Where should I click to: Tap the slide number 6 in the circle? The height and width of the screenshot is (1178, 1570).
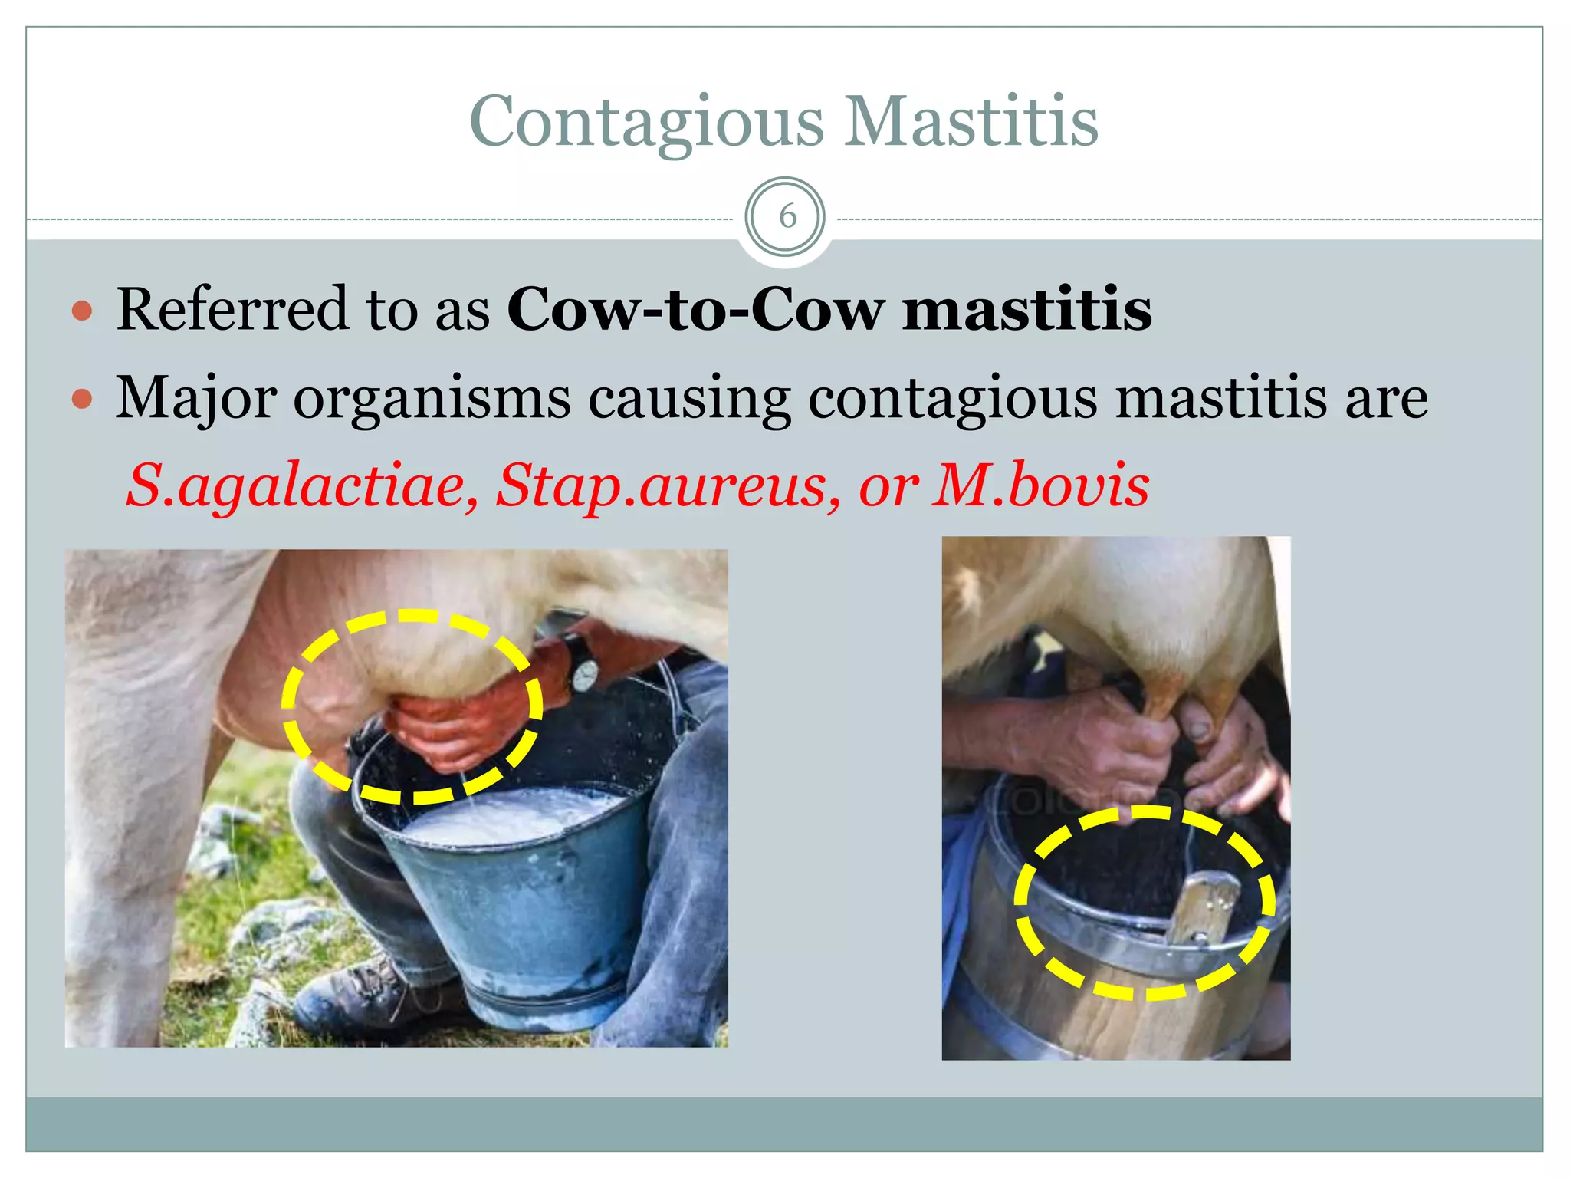tap(787, 217)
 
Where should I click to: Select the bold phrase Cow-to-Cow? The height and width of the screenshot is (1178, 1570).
tap(695, 309)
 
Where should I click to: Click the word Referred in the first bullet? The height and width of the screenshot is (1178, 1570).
tap(232, 309)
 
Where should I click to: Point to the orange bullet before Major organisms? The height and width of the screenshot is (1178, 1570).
tap(82, 399)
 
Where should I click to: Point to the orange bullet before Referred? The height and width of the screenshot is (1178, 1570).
tap(82, 311)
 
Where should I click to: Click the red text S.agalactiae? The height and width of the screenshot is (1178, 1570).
tap(302, 485)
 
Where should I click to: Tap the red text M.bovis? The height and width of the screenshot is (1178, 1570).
tap(1040, 485)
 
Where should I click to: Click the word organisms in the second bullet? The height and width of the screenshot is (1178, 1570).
tap(432, 399)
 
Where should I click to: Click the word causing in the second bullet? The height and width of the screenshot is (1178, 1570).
tap(688, 399)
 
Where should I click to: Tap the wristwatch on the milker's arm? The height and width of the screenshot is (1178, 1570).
tap(584, 674)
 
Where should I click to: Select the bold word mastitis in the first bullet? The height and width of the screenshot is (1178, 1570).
tap(1026, 309)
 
